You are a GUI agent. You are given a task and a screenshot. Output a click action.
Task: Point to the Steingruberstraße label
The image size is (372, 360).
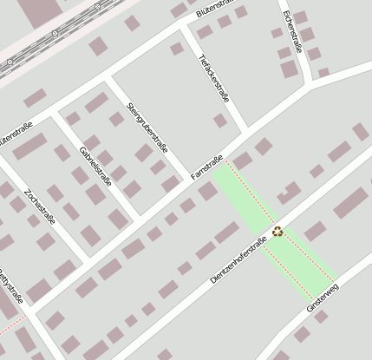pos(147,130)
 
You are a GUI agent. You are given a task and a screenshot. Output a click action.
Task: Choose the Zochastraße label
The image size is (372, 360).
pos(40,206)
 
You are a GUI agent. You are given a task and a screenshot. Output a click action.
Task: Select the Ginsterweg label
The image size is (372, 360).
pos(326,296)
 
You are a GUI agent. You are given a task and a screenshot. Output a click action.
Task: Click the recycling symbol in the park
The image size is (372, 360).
pos(277,231)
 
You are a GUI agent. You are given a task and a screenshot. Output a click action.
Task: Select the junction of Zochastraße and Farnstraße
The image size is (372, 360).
pos(89,257)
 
